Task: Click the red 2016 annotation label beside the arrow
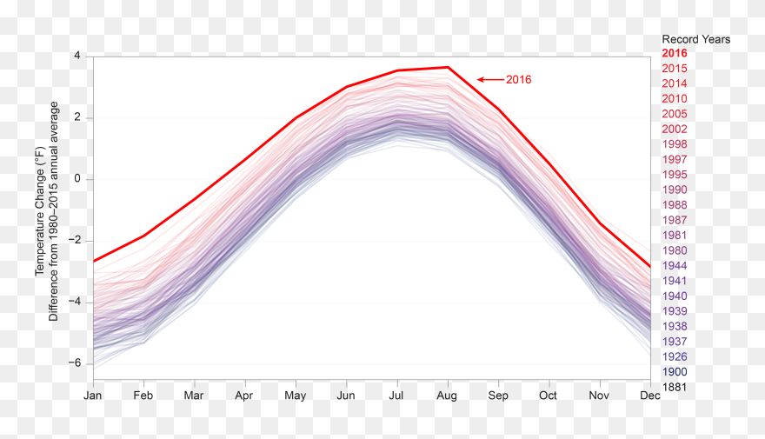coord(518,80)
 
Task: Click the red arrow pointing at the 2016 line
coord(490,80)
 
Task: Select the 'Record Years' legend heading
coord(695,39)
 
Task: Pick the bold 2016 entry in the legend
coord(675,54)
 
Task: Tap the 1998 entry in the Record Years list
coord(675,144)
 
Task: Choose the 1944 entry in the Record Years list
coord(675,266)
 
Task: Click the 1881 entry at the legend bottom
coord(675,387)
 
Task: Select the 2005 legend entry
coord(675,114)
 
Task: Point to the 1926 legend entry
coord(675,356)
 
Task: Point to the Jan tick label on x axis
coord(93,395)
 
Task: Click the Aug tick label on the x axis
coord(448,395)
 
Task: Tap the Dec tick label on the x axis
coord(650,395)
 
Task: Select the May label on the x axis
coord(296,395)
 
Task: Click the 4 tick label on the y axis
coord(76,56)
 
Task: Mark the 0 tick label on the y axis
coord(76,179)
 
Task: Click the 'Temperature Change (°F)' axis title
coord(39,211)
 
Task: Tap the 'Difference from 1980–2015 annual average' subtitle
coord(54,211)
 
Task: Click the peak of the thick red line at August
coord(448,67)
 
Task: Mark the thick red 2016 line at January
coord(94,261)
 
